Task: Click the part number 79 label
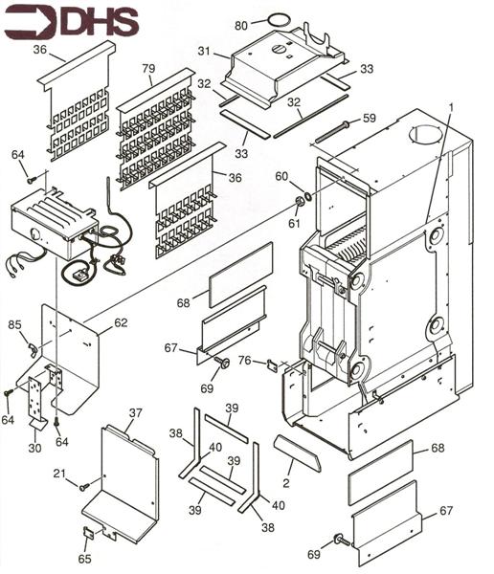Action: [x=148, y=68]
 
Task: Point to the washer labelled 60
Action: [x=308, y=195]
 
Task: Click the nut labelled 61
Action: [x=300, y=201]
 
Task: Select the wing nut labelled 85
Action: [x=34, y=349]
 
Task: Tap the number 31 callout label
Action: [x=205, y=51]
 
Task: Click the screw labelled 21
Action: [x=84, y=487]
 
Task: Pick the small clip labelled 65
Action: [x=89, y=533]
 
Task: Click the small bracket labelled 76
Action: [x=273, y=365]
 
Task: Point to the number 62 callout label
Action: [x=121, y=322]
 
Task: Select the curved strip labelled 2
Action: [x=298, y=453]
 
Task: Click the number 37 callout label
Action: [x=135, y=412]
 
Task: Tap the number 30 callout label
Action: [x=34, y=448]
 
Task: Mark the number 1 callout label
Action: [x=452, y=107]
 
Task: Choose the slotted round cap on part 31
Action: [x=279, y=49]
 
